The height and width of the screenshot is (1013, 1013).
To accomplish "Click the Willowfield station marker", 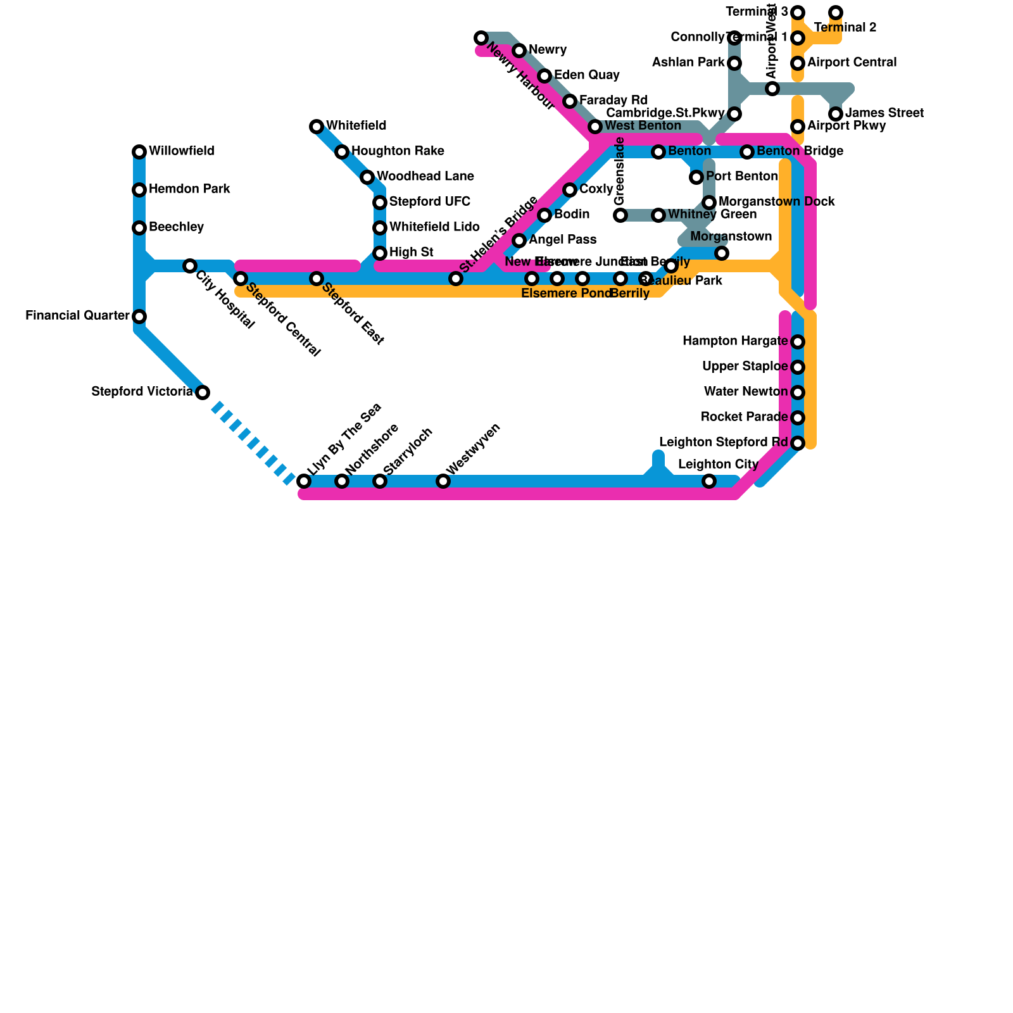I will [139, 152].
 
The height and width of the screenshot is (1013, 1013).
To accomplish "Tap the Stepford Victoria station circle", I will [203, 393].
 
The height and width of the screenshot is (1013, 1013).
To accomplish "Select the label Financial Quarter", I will [77, 316].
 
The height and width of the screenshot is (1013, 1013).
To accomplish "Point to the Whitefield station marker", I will [317, 127].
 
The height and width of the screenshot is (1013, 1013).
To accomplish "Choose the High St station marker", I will [380, 253].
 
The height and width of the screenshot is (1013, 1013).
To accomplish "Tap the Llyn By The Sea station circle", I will [304, 481].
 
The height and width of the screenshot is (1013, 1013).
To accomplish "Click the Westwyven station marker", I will [443, 481].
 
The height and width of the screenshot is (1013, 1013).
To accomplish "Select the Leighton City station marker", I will [709, 481].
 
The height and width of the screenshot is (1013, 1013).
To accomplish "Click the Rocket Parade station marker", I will [798, 418].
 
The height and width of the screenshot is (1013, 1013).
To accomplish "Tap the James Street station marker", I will [836, 114].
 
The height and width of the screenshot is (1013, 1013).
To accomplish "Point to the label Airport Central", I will [852, 63].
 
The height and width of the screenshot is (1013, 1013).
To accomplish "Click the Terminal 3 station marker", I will [798, 13].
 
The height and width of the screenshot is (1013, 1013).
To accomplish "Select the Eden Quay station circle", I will [544, 76].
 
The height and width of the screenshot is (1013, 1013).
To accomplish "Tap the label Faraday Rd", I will [613, 101].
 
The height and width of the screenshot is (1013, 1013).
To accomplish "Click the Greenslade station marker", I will [620, 215].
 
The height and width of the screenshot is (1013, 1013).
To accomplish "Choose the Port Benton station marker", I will [696, 177].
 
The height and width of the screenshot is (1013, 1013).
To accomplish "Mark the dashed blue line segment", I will [253, 443].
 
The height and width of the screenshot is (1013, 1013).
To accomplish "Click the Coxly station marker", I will [570, 190].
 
